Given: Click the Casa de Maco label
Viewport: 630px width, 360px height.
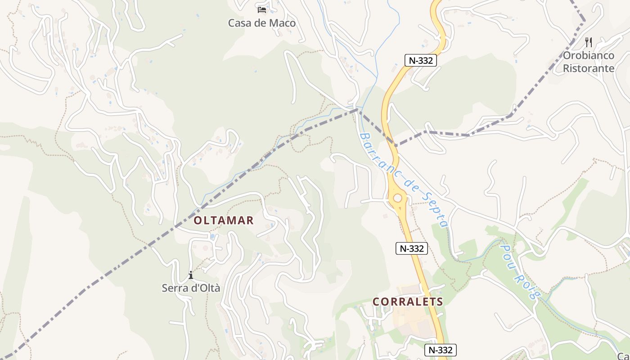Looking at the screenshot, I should point(262,23).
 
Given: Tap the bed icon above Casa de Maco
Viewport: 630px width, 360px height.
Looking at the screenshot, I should point(262,9).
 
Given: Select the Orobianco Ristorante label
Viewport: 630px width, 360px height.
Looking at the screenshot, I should point(589,62).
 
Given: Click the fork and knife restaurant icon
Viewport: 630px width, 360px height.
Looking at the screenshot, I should point(589,42).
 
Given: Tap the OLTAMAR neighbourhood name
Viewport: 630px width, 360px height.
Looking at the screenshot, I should point(224,220).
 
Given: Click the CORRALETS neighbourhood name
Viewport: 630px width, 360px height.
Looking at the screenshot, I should point(408,302).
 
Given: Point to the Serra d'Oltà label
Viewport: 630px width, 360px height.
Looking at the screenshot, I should point(191,288).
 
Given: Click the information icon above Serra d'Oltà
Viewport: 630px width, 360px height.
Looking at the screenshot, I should point(191,275).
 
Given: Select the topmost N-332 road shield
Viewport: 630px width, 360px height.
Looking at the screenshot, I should point(421,60).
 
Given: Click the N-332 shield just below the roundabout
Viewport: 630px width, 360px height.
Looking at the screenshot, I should point(411,248).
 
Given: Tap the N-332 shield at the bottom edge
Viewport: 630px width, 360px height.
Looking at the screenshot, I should point(441,350).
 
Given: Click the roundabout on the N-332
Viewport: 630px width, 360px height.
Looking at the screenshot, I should point(397,198).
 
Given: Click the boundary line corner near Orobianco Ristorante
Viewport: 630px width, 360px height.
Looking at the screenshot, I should point(584,20).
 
